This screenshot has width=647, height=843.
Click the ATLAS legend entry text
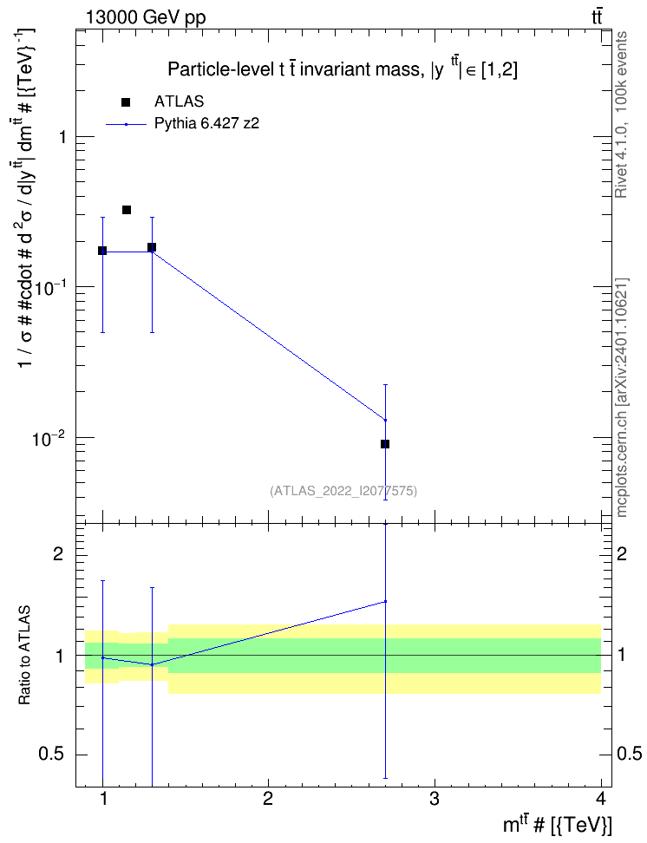tap(179, 101)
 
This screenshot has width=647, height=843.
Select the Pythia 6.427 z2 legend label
tap(206, 124)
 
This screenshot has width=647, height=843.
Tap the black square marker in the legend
tap(126, 102)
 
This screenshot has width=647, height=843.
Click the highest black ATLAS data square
tap(127, 210)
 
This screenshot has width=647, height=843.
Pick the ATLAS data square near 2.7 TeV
tap(384, 444)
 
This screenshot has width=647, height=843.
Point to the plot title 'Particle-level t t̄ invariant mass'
tap(295, 69)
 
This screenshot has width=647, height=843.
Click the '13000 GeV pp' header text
tap(146, 17)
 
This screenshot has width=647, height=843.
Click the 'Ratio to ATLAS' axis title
tap(24, 655)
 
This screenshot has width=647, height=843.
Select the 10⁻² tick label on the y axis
tap(49, 438)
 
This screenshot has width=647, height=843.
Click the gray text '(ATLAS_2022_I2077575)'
tap(343, 490)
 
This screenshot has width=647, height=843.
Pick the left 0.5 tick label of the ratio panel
tap(53, 755)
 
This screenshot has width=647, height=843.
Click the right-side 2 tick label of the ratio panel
tap(622, 553)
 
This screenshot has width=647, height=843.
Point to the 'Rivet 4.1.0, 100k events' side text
tap(621, 114)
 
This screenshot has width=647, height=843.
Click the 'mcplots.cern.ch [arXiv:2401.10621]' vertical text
tap(622, 397)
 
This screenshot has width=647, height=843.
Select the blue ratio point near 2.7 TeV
tap(385, 601)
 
